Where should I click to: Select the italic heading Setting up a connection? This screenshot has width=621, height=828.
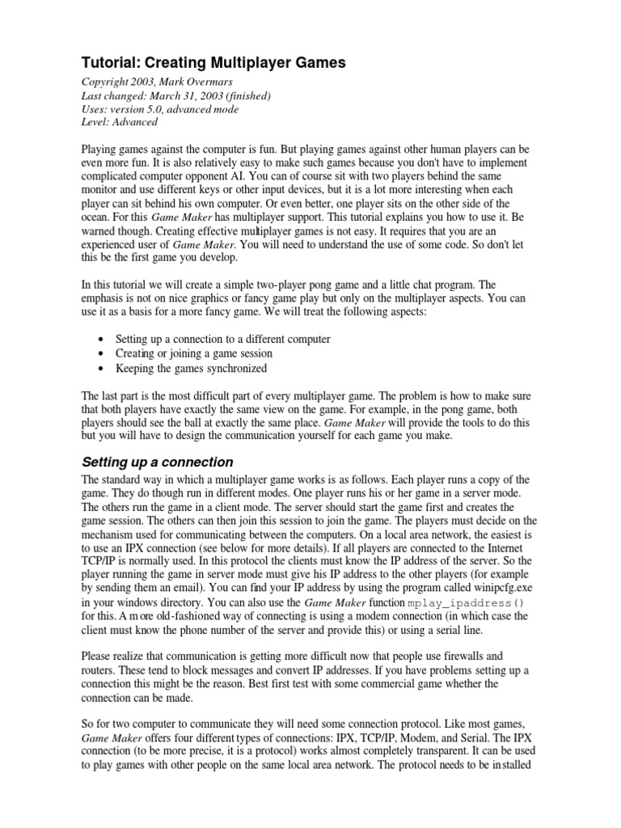click(158, 463)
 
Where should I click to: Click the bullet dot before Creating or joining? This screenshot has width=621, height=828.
click(99, 354)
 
